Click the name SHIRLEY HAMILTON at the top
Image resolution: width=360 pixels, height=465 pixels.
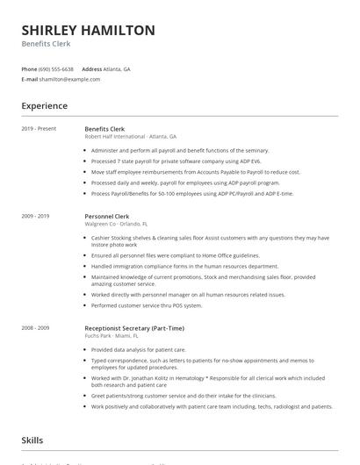click(x=88, y=30)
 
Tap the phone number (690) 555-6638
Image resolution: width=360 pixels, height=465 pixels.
click(x=57, y=68)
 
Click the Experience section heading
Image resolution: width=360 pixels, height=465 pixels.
click(x=45, y=106)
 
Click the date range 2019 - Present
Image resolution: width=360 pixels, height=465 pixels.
click(x=39, y=129)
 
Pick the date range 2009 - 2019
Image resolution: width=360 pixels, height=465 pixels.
click(x=36, y=215)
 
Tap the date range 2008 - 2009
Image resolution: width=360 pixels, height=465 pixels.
click(x=36, y=327)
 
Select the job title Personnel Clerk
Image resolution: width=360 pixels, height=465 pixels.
click(x=108, y=215)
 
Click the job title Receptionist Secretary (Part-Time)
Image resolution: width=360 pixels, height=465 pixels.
click(x=134, y=327)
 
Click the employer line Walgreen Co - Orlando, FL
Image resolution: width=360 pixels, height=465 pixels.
click(x=121, y=223)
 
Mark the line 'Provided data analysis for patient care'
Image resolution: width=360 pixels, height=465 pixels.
click(x=144, y=349)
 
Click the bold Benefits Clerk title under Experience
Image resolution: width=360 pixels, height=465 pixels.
click(x=104, y=129)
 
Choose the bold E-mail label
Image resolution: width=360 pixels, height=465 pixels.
click(x=30, y=79)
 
